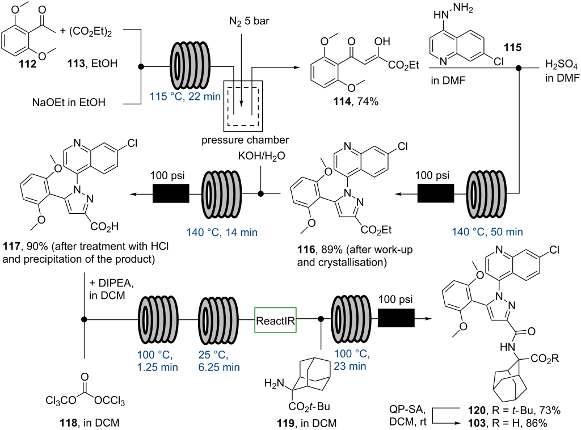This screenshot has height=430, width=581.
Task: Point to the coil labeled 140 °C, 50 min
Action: click(486, 193)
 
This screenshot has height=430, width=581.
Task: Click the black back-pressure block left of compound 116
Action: click(435, 193)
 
